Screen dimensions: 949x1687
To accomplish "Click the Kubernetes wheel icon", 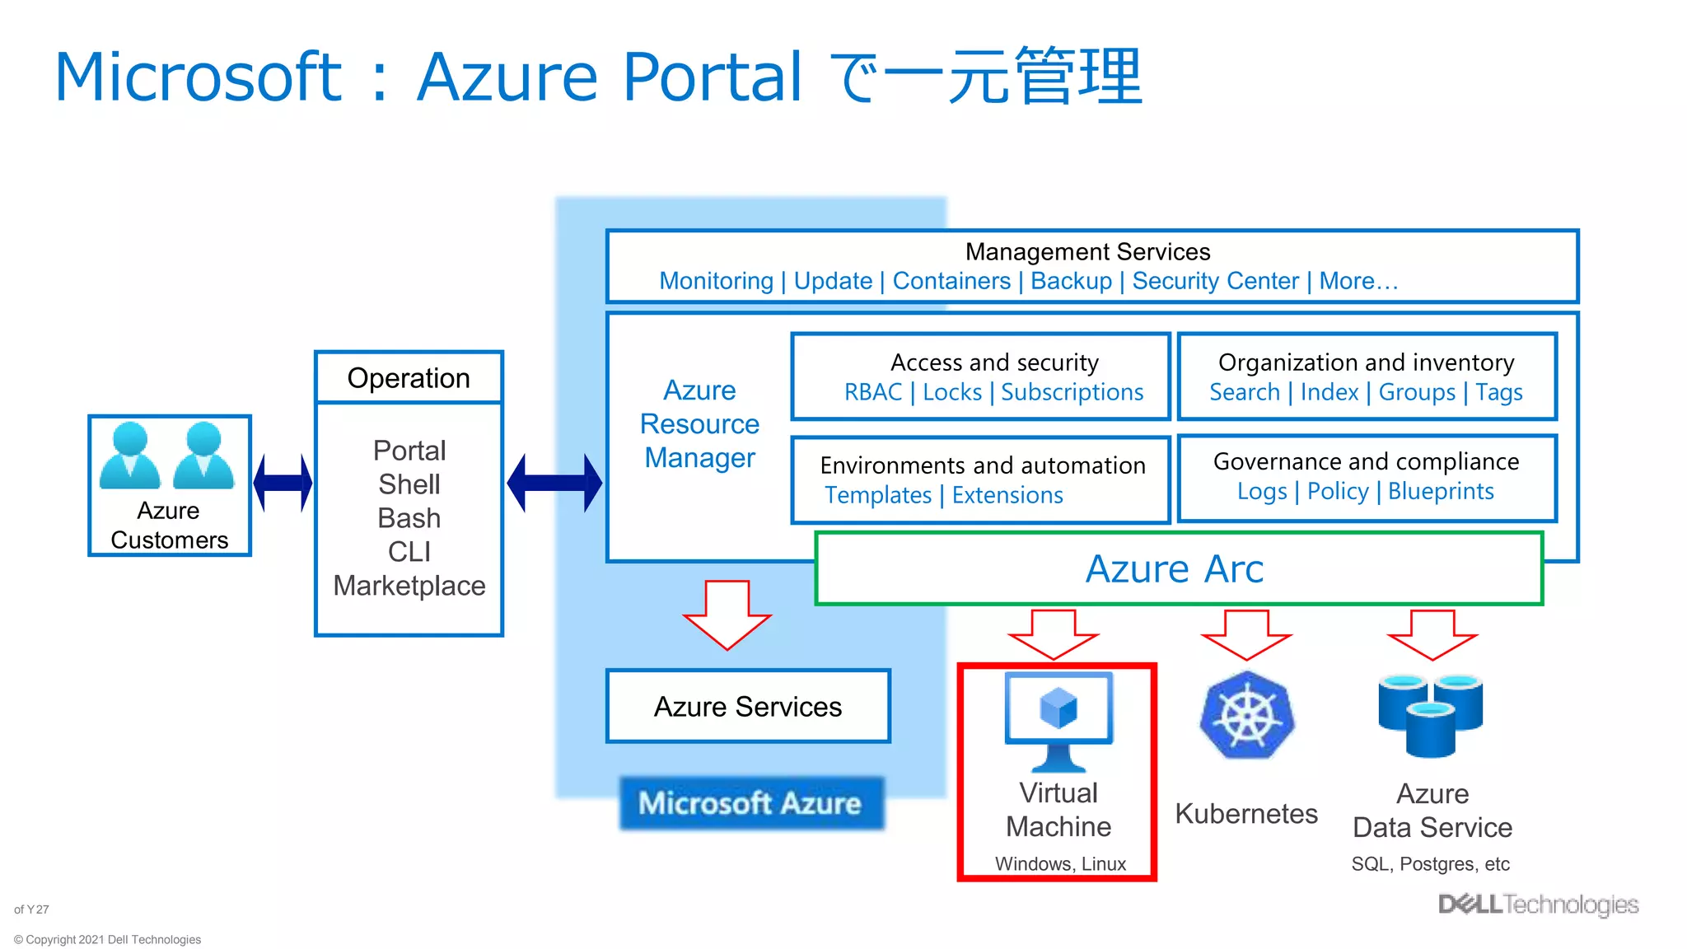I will coord(1246,715).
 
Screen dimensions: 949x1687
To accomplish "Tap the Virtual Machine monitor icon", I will coord(1058,718).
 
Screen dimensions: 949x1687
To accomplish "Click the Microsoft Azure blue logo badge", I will coord(750,803).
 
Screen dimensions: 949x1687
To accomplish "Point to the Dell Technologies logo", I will coord(1538,905).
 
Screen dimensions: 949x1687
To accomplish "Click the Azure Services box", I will coord(748,707).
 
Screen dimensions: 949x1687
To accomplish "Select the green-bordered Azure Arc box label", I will coord(1175,568).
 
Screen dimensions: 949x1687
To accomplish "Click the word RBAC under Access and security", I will coord(873,392).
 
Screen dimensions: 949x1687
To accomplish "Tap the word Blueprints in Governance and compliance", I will coord(1441,491).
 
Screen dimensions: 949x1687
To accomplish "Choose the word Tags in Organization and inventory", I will coord(1499,392).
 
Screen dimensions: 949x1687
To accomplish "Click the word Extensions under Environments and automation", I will coord(1007,495).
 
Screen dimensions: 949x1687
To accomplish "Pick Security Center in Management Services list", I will coord(1215,281).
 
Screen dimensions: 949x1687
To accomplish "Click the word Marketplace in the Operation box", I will coord(409,586).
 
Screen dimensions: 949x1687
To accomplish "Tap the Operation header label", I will coord(409,378).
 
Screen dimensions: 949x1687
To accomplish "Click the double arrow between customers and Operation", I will coord(283,483).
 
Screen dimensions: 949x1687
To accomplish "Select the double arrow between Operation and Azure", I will coord(554,483).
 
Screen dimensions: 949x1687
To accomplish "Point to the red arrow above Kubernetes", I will coord(1246,634).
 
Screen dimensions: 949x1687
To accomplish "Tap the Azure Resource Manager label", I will coord(699,423).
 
